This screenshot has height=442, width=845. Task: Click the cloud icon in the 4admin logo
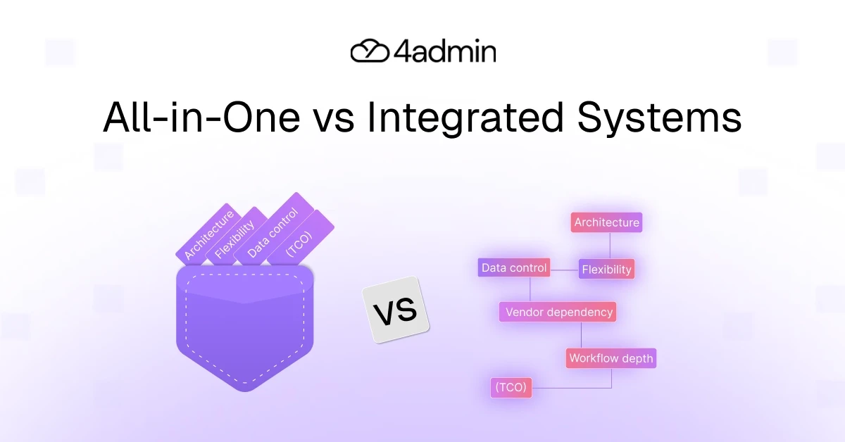pyautogui.click(x=369, y=51)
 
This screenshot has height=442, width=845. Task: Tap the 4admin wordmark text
pyautogui.click(x=445, y=51)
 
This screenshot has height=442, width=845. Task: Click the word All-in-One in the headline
pyautogui.click(x=200, y=117)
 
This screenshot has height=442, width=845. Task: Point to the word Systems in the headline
pyautogui.click(x=660, y=117)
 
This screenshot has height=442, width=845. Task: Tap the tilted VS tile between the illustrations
pyautogui.click(x=395, y=310)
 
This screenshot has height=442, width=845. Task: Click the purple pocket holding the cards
pyautogui.click(x=244, y=331)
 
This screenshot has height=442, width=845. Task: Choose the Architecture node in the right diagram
pyautogui.click(x=606, y=222)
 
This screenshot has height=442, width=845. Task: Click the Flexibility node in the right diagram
pyautogui.click(x=606, y=269)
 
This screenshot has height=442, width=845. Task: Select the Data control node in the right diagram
pyautogui.click(x=513, y=268)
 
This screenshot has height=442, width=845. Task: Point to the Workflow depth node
pyautogui.click(x=611, y=358)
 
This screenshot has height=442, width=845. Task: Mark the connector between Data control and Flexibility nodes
pyautogui.click(x=565, y=269)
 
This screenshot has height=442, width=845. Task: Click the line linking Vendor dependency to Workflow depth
pyautogui.click(x=581, y=335)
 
